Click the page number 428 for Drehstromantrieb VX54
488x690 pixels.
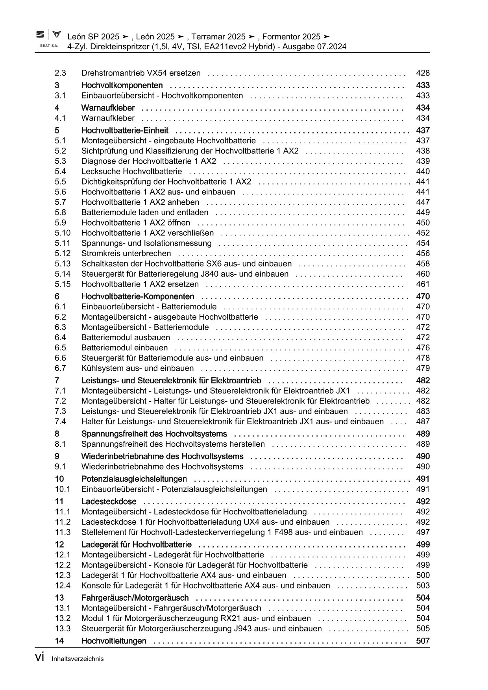tap(423, 73)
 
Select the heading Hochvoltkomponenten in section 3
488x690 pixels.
tap(122, 85)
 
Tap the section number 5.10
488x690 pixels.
tap(63, 233)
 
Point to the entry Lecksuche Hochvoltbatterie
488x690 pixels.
tap(131, 172)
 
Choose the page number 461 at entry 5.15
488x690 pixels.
tap(423, 284)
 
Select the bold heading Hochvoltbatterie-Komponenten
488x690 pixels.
tap(138, 296)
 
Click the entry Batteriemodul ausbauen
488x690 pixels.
tap(126, 338)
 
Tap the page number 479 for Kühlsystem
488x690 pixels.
tap(423, 368)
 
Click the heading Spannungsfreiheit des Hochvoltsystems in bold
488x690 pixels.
tap(154, 434)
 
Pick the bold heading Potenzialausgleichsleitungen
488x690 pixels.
tap(134, 479)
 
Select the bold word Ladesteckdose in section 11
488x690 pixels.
tap(109, 501)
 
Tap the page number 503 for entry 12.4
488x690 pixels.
tap(423, 586)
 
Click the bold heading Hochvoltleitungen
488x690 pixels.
tap(114, 641)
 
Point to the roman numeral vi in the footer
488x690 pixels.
tap(39, 658)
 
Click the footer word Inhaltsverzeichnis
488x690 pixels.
tap(78, 659)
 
